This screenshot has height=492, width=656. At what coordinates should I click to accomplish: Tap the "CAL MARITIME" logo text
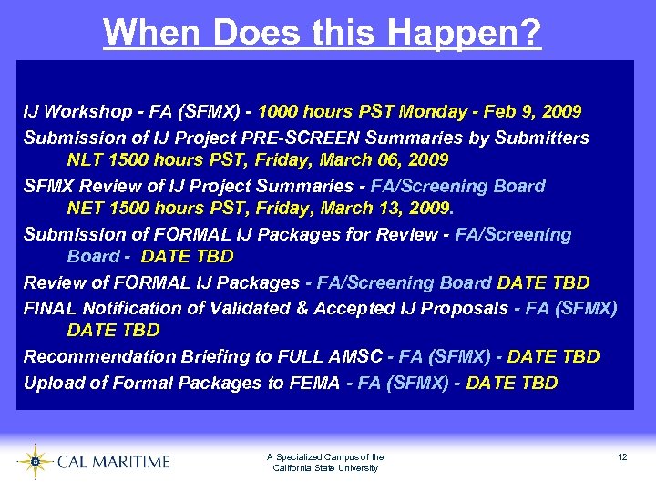[x=113, y=462]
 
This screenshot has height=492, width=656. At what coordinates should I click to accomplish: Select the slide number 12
[x=622, y=457]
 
